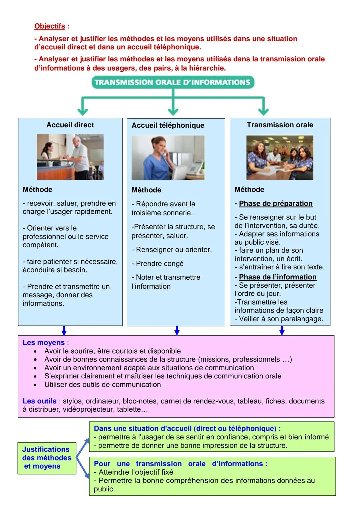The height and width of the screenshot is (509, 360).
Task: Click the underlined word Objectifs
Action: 50,26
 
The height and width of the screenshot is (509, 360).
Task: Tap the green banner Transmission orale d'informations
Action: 173,82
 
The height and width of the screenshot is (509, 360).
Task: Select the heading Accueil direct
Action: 70,125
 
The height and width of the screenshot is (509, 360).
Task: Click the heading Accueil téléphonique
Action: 168,125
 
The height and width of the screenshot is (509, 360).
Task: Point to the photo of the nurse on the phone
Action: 168,158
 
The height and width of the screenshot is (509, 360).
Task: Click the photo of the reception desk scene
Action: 70,157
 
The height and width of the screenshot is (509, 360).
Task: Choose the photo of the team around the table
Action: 280,157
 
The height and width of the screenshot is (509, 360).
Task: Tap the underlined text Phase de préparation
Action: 276,204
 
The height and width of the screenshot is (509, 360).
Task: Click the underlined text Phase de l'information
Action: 278,277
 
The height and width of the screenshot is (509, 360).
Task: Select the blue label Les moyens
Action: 44,343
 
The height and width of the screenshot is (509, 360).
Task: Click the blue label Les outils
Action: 40,401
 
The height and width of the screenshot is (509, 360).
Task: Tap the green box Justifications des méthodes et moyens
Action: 47,458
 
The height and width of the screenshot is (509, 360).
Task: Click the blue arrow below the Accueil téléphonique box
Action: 177,330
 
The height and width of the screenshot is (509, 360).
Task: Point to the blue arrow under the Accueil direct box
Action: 64,330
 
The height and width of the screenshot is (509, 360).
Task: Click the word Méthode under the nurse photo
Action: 146,190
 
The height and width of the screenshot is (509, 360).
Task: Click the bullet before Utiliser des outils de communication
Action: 35,385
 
